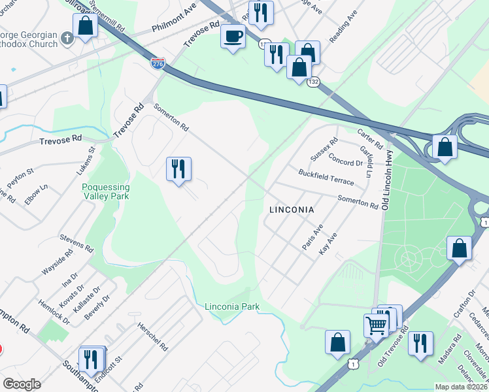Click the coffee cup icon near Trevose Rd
[x=233, y=35]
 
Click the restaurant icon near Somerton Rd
[x=178, y=169]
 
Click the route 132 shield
[x=314, y=82]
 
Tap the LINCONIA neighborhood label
[x=292, y=210]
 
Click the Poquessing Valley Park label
[x=105, y=191]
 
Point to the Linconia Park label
[x=232, y=306]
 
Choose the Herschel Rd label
[x=152, y=335]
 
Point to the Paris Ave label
[x=312, y=237]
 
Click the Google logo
[x=22, y=384]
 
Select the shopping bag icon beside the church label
[x=85, y=26]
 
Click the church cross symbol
[x=66, y=39]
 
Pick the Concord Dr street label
[x=345, y=159]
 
